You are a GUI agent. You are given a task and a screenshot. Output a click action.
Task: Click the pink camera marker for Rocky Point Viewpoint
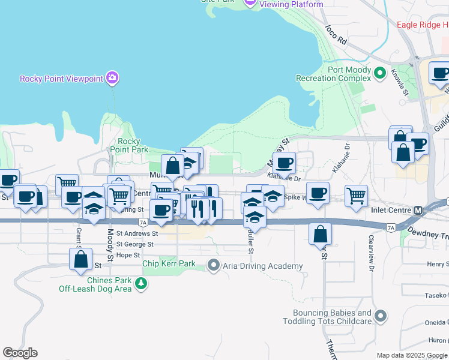(112, 78)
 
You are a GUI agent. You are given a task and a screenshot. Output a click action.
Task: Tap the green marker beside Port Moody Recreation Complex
(379, 73)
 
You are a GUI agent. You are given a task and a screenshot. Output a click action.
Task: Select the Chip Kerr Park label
(169, 263)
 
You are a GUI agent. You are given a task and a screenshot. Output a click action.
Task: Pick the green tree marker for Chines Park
(141, 284)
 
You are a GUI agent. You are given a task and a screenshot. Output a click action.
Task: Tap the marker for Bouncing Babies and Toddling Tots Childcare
(379, 316)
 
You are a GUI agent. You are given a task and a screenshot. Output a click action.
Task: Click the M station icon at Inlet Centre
(418, 211)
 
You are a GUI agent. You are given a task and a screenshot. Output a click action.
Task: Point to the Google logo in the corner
(20, 352)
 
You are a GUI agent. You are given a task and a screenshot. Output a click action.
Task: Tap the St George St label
(135, 244)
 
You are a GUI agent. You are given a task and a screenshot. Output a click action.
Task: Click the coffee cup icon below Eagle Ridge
(440, 73)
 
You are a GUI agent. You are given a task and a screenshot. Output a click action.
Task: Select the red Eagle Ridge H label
(423, 25)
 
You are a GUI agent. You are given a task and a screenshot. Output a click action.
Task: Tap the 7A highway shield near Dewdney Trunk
(391, 227)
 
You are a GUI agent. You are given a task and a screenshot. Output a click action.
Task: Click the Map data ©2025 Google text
(412, 355)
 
